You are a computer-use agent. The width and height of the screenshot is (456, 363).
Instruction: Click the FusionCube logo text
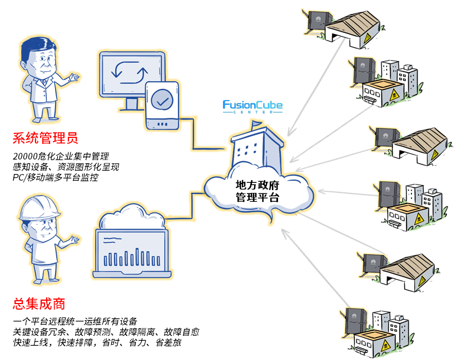tap(252, 105)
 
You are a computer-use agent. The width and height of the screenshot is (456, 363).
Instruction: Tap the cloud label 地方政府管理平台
tap(257, 191)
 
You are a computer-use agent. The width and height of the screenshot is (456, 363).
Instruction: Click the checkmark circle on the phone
tap(162, 101)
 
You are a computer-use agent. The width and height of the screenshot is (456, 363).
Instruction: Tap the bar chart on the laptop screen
tap(131, 257)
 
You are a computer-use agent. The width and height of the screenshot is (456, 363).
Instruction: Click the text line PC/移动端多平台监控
tap(56, 177)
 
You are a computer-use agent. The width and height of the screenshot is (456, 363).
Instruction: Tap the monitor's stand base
tap(131, 108)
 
